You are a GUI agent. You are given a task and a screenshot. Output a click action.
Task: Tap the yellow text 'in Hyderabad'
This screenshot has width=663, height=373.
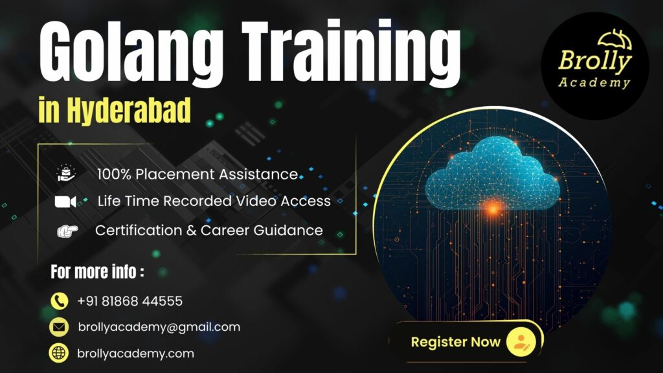click(x=115, y=111)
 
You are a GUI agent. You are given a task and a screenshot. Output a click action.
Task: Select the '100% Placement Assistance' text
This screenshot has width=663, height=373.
click(x=197, y=174)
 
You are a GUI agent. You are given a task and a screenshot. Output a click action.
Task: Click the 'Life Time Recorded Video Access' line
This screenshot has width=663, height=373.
click(x=214, y=201)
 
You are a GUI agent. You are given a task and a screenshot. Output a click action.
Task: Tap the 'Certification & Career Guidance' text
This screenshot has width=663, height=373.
click(x=208, y=230)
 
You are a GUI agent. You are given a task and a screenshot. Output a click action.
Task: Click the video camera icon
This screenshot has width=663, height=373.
click(x=65, y=202)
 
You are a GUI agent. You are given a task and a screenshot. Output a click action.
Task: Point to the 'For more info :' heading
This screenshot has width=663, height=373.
click(x=97, y=273)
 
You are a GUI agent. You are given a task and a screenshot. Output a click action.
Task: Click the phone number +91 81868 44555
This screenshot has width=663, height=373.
click(x=129, y=301)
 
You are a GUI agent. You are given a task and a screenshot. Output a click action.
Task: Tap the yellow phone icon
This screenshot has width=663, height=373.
click(x=60, y=301)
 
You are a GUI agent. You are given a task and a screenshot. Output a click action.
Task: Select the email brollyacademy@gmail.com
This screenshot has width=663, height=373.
click(x=159, y=327)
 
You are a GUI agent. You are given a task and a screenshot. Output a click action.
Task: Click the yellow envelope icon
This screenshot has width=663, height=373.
click(x=60, y=328)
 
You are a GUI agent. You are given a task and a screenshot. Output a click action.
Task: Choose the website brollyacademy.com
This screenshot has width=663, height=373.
click(x=135, y=354)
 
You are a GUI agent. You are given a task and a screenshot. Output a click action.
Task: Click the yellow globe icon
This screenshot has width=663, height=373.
click(x=60, y=354)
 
